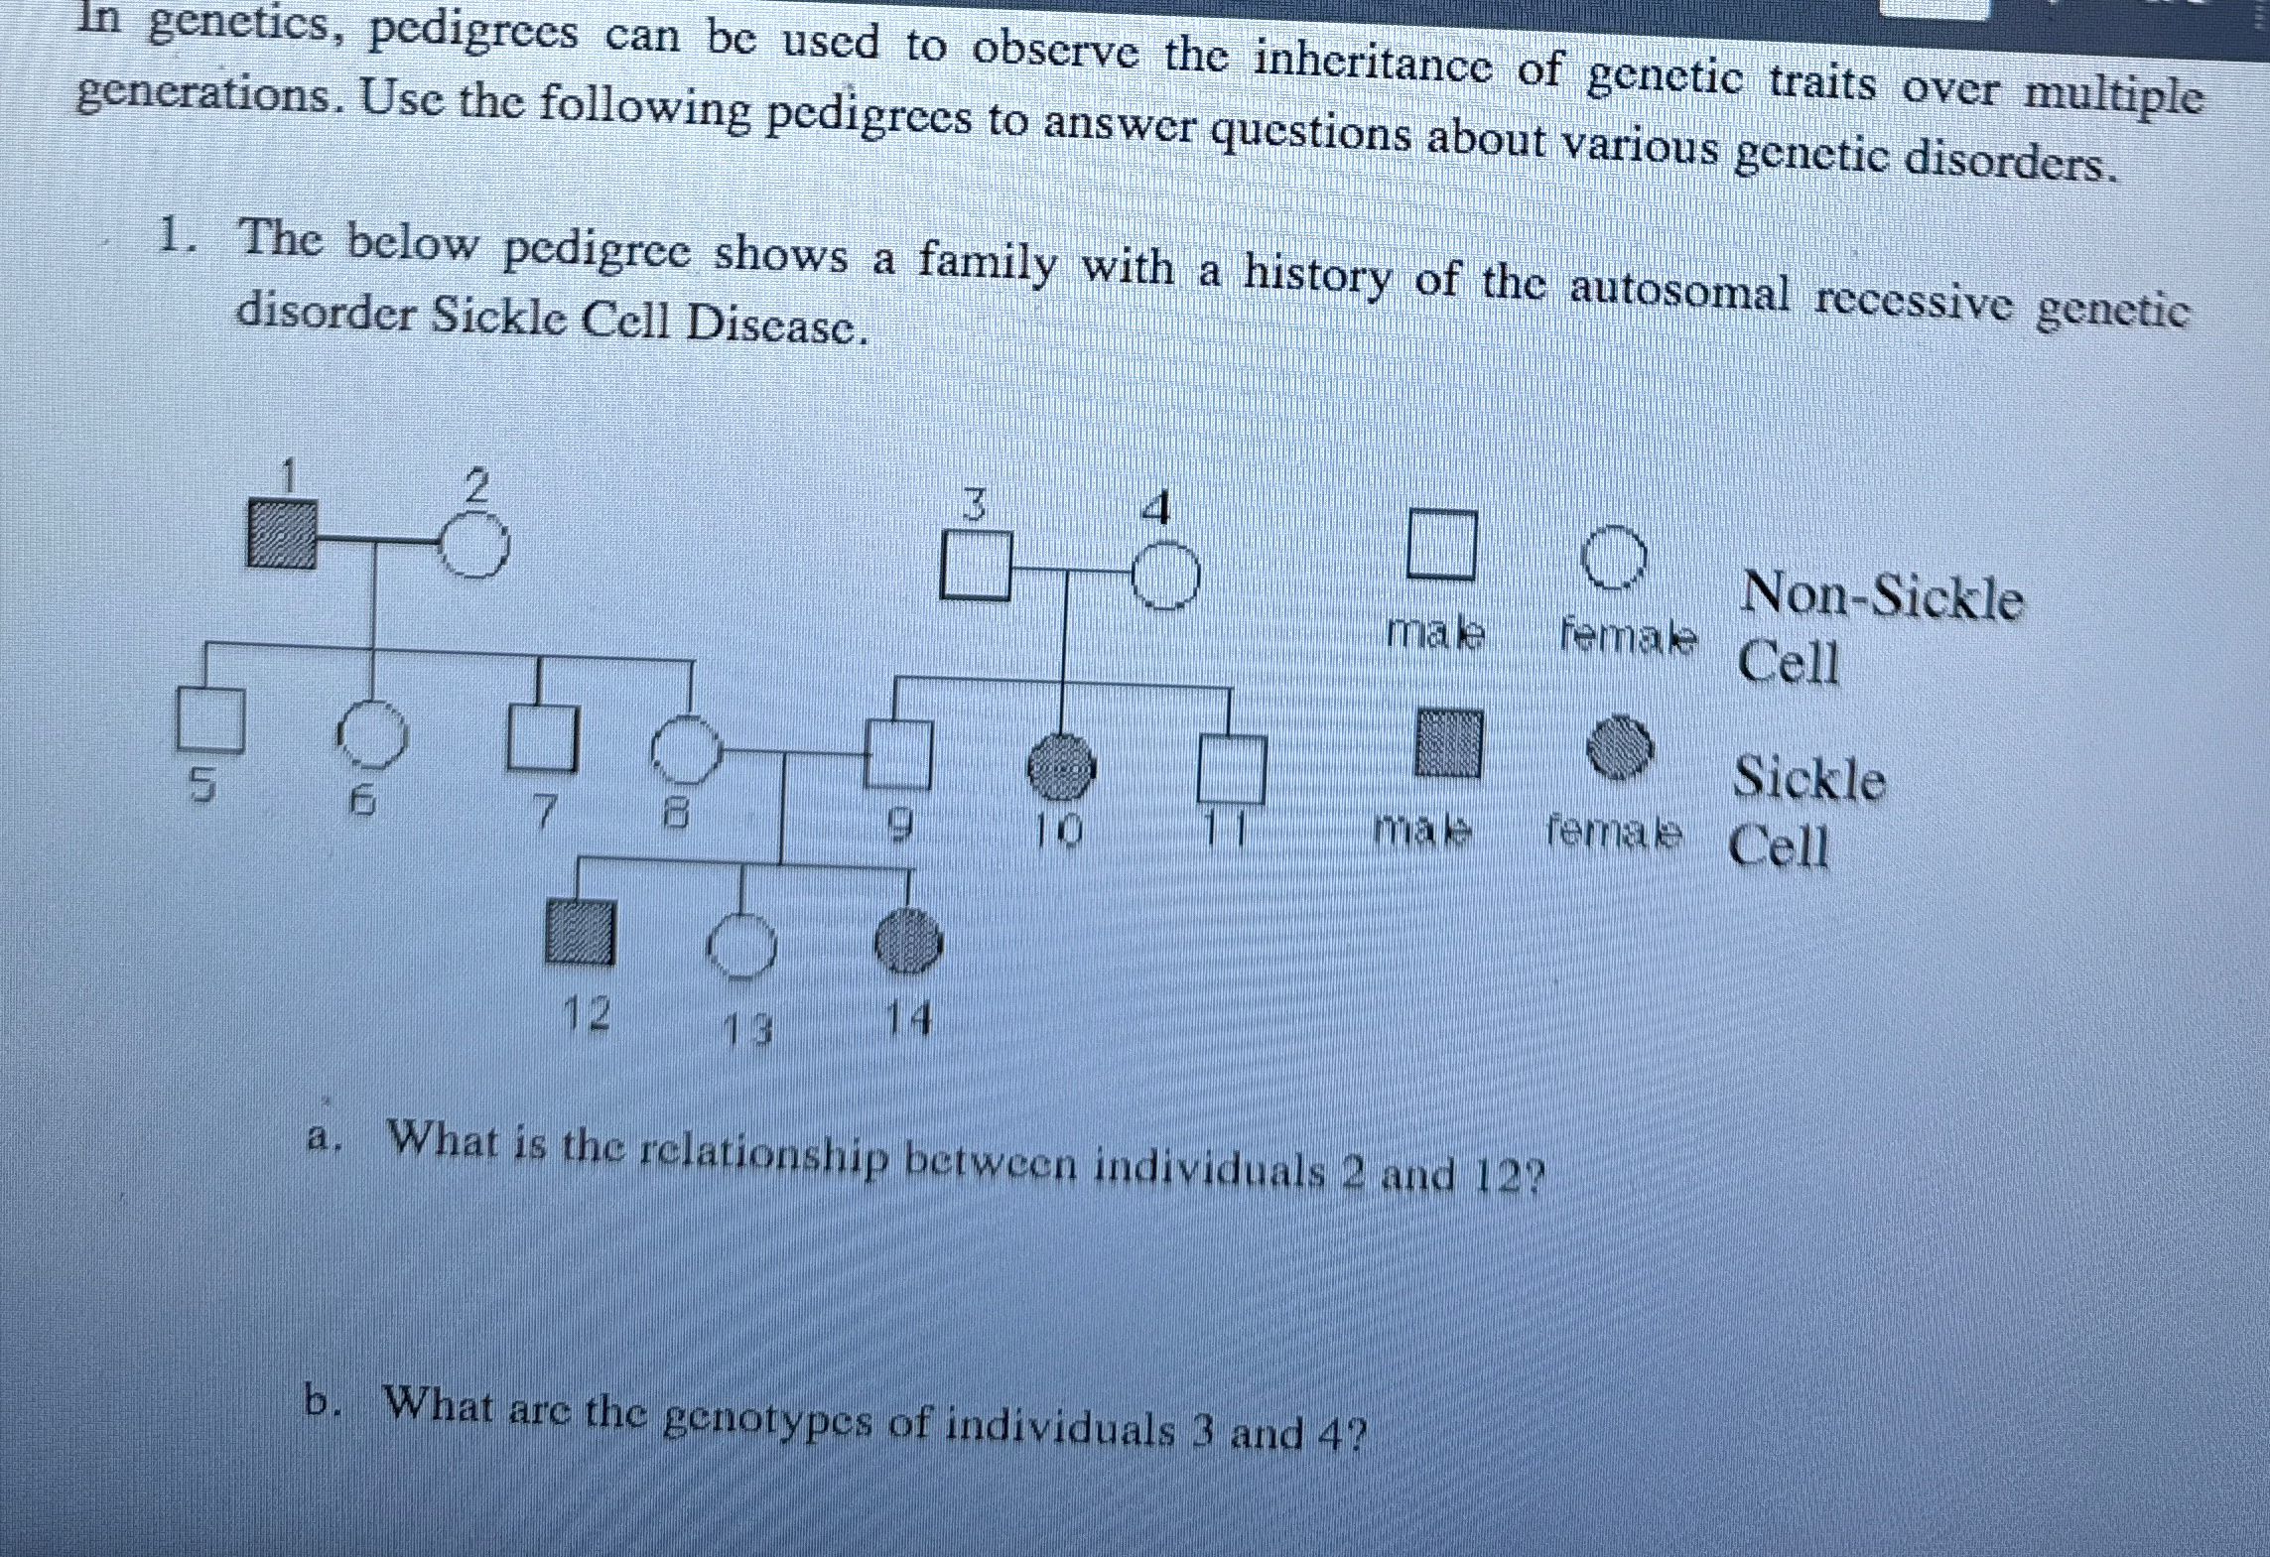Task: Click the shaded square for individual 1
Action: (282, 534)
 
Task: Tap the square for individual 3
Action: (975, 566)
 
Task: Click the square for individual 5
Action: (209, 718)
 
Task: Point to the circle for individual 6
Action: (371, 736)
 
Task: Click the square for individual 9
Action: (898, 753)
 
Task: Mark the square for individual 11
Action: (1231, 768)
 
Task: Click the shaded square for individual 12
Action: (580, 932)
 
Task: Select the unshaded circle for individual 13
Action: (742, 947)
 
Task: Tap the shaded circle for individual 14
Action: (906, 942)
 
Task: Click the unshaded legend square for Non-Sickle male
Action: (1440, 544)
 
